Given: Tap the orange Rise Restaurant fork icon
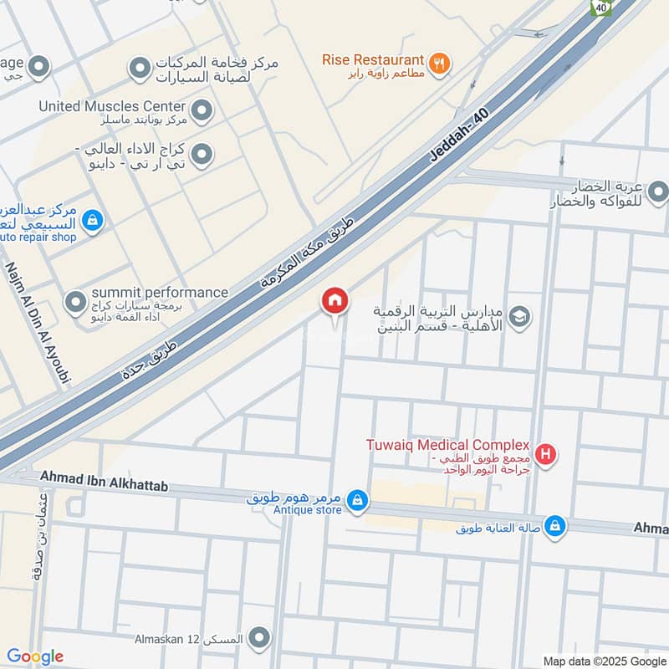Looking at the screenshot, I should [x=439, y=62].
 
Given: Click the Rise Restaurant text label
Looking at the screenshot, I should [x=373, y=60].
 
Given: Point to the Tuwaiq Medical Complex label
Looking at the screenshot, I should [x=448, y=445].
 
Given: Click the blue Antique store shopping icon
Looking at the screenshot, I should [x=357, y=499].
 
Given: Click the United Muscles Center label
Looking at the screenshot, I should [x=112, y=106].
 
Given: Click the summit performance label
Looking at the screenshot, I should [x=159, y=292].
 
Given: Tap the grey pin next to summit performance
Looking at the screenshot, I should [x=76, y=300].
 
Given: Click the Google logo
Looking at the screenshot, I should [x=34, y=656].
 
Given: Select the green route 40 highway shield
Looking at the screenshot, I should [x=600, y=6].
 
